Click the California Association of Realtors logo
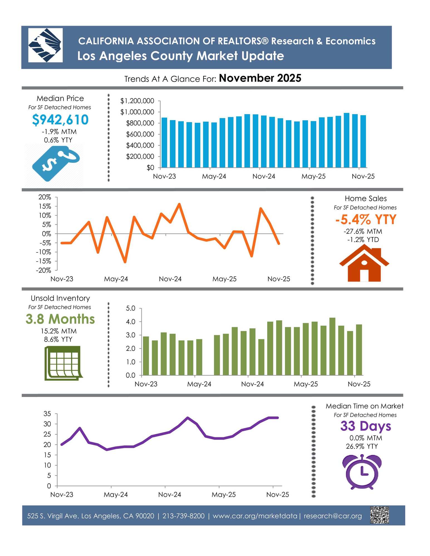tap(45, 45)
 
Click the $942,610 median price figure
tap(60, 120)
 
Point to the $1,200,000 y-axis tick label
tap(137, 101)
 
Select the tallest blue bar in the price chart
tap(347, 140)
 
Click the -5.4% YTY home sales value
tap(365, 220)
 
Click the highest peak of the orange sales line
tap(179, 204)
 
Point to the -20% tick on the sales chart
tap(45, 270)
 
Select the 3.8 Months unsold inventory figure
tap(60, 319)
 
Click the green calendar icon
tap(63, 363)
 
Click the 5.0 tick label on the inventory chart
tap(131, 308)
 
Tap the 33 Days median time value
tap(365, 426)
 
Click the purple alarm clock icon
tap(362, 471)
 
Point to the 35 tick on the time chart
tap(47, 414)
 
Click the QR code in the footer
tap(379, 515)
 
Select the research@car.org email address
tap(333, 516)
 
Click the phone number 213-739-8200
tap(183, 516)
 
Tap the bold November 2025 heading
tap(260, 78)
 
